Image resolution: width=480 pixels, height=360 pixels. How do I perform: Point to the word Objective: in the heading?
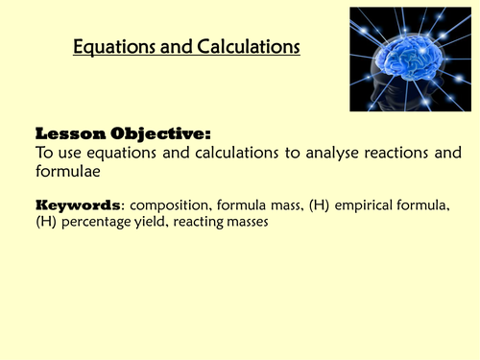point(156,133)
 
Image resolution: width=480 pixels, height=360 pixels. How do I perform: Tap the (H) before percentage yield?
point(45,222)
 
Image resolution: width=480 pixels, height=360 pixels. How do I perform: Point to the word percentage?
point(99,222)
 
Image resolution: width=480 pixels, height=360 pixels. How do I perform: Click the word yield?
point(156,222)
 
